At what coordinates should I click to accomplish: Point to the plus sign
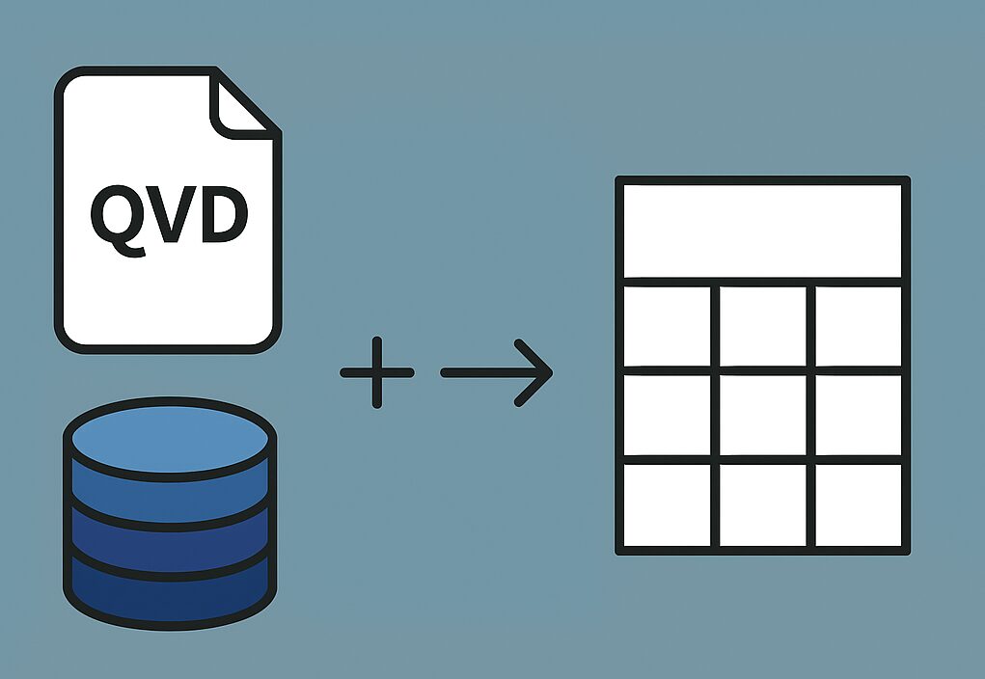click(376, 372)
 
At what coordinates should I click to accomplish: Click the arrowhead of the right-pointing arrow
click(535, 372)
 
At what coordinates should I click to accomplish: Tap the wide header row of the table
click(762, 230)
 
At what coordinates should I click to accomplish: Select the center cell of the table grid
click(762, 415)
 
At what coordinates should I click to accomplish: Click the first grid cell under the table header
click(667, 325)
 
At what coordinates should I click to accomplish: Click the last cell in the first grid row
click(858, 325)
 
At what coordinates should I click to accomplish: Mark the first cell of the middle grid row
click(667, 415)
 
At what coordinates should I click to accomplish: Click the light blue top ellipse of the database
click(171, 439)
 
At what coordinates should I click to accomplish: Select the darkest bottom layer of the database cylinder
click(171, 593)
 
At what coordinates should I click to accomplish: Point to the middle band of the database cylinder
click(171, 540)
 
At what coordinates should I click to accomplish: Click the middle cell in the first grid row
click(762, 325)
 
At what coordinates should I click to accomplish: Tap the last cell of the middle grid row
click(858, 415)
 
